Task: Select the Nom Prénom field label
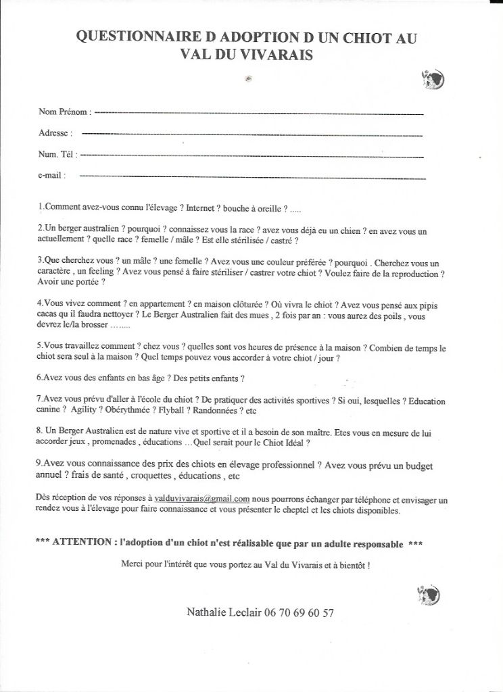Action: pyautogui.click(x=65, y=111)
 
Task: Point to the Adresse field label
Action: pyautogui.click(x=55, y=133)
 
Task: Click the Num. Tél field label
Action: pyautogui.click(x=58, y=155)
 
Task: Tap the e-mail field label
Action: pyautogui.click(x=52, y=176)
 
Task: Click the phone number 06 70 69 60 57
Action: pyautogui.click(x=300, y=613)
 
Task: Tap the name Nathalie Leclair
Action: pyautogui.click(x=225, y=613)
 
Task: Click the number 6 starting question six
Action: pyautogui.click(x=39, y=376)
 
